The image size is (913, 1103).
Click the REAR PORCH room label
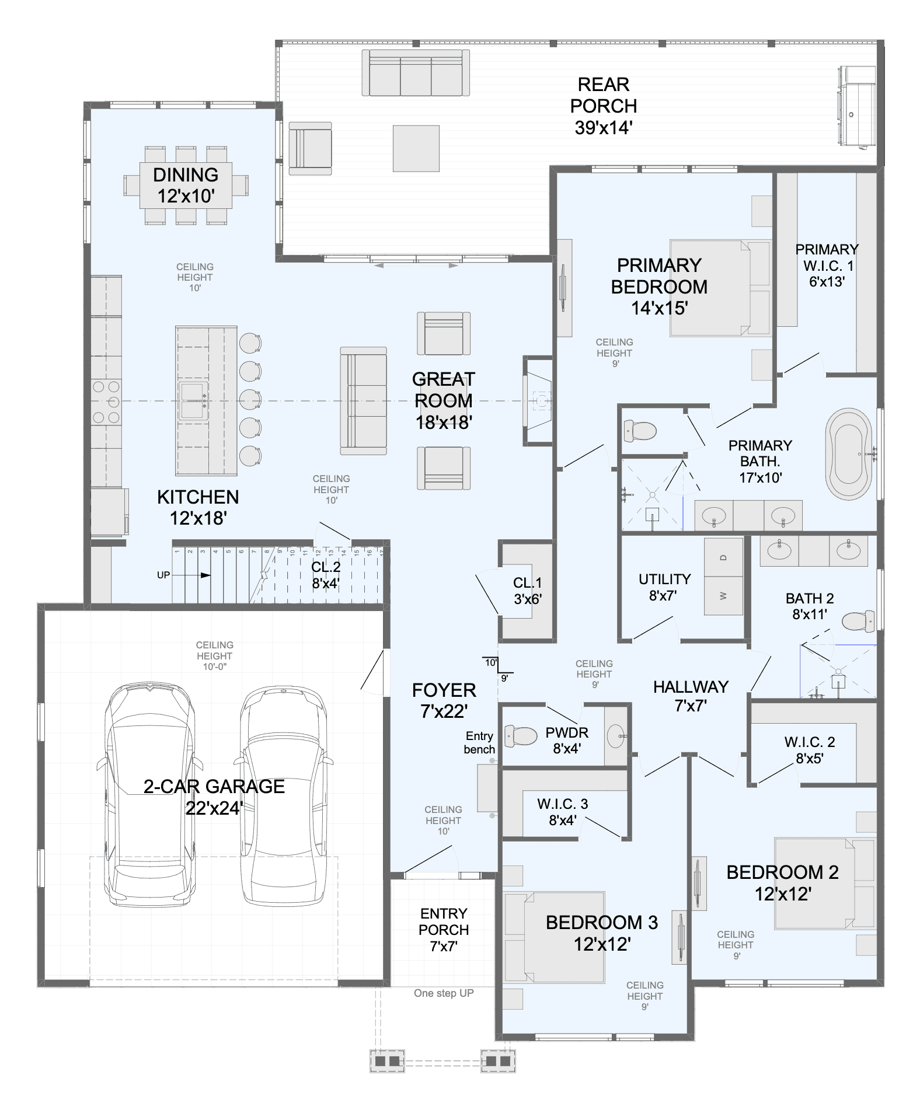[x=604, y=106]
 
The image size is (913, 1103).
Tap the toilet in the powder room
[x=521, y=736]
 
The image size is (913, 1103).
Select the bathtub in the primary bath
[x=849, y=454]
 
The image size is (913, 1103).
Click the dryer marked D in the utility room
[x=723, y=557]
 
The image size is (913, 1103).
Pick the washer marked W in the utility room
[x=723, y=596]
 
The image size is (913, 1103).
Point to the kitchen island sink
[x=193, y=401]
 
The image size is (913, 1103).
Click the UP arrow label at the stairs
[x=163, y=575]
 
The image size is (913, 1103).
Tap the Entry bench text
[x=479, y=742]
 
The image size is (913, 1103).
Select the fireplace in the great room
[x=539, y=401]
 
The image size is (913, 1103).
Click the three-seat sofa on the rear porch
[x=416, y=73]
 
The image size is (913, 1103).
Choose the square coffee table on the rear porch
[x=416, y=148]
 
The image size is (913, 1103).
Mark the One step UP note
[x=444, y=993]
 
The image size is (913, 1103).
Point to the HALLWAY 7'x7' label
[x=691, y=696]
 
